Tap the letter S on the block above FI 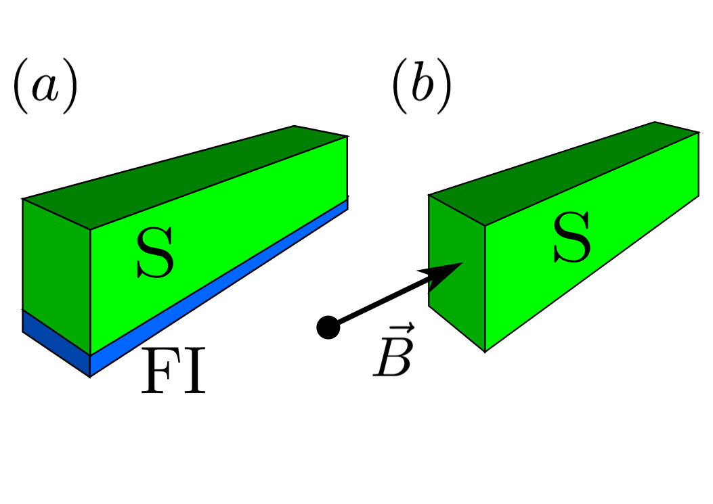155,253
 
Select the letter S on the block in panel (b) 571,241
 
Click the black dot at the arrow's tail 328,327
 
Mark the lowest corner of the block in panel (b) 485,351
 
